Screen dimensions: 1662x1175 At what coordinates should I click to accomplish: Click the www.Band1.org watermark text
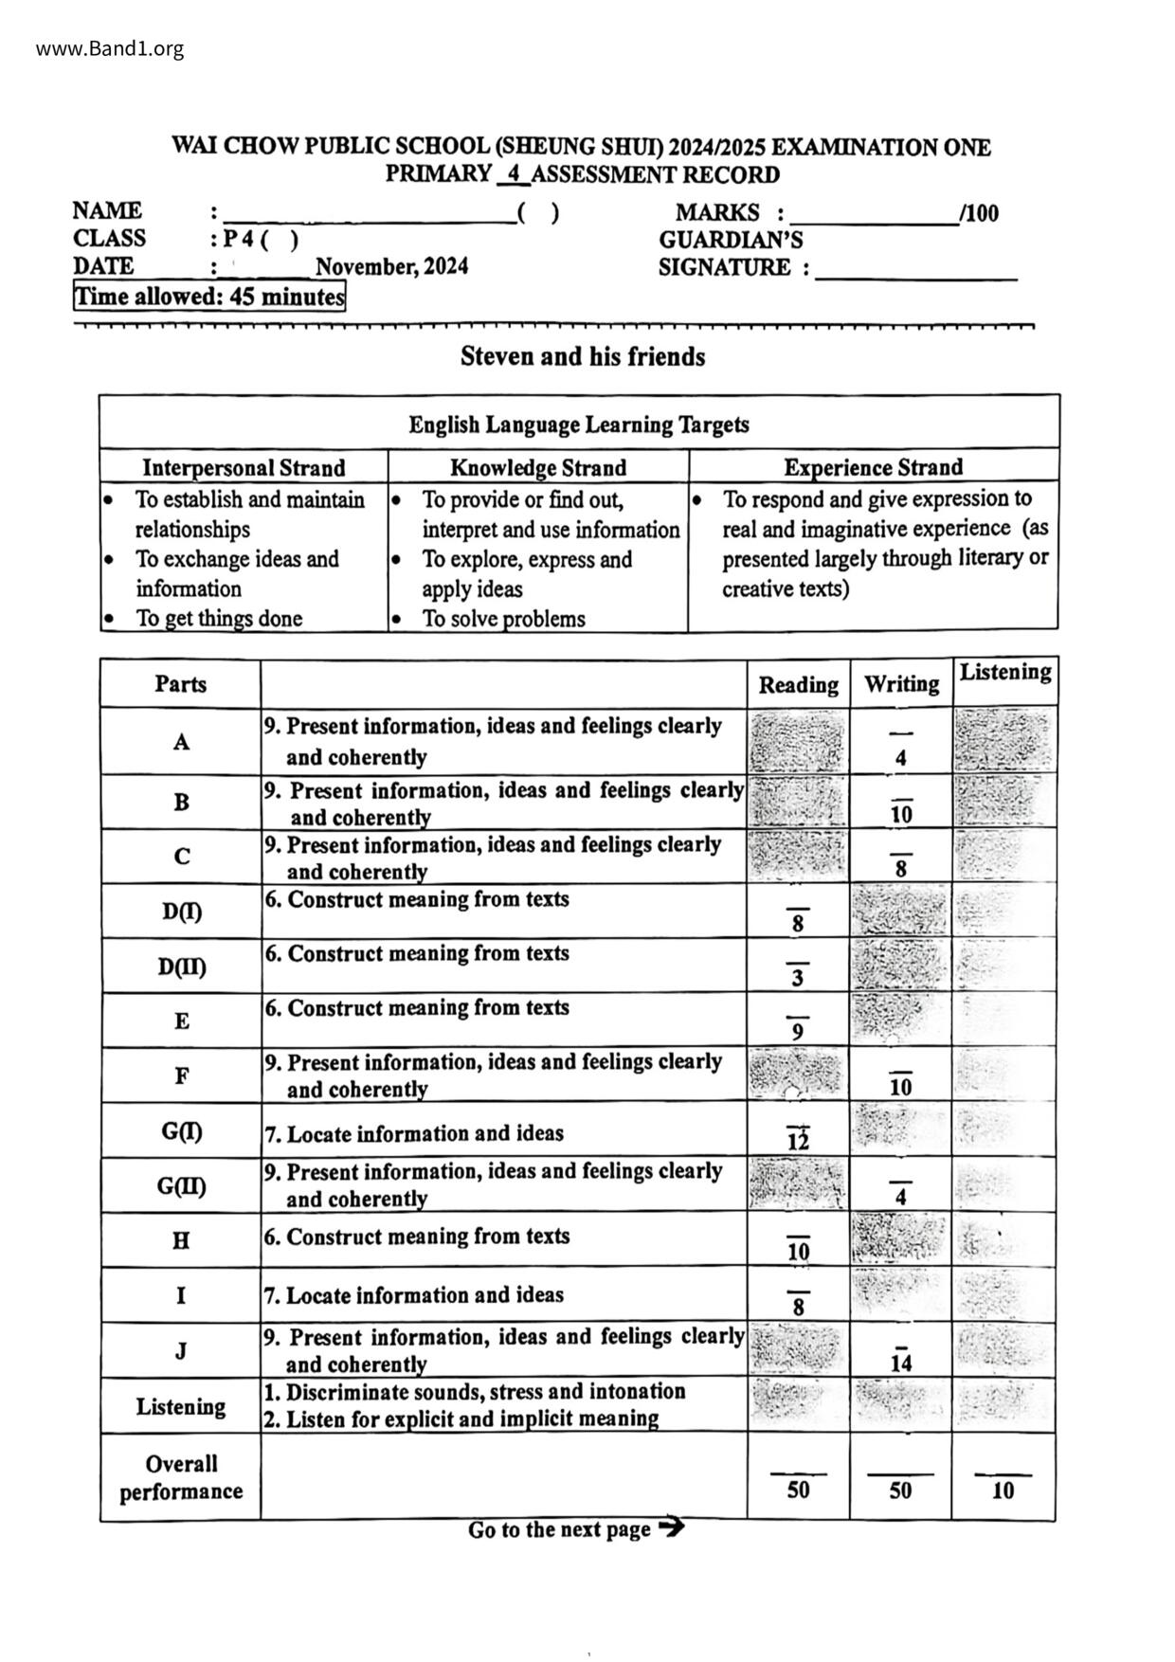(110, 49)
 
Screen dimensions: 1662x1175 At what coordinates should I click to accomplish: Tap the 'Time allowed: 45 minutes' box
(209, 297)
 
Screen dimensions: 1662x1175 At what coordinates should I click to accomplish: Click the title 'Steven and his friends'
(583, 357)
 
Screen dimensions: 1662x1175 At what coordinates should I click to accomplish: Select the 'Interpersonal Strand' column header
(244, 467)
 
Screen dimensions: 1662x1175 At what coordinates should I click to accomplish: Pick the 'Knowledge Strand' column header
(537, 467)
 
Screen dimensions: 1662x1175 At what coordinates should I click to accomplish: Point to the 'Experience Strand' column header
(873, 467)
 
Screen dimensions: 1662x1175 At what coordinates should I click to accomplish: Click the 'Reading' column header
(798, 684)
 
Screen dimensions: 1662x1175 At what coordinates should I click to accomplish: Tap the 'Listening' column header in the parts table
(1004, 673)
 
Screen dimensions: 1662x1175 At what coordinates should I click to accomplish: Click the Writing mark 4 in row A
(900, 757)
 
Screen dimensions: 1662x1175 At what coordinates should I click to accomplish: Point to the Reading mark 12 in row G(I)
(798, 1141)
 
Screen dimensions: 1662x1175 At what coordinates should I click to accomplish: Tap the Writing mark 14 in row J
(900, 1363)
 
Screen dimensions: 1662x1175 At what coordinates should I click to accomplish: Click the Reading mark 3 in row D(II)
(798, 977)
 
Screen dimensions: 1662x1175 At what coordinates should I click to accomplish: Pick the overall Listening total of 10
(1003, 1490)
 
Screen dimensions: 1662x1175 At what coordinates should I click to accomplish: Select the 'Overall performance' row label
(181, 1477)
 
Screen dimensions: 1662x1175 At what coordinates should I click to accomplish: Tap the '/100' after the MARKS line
(980, 213)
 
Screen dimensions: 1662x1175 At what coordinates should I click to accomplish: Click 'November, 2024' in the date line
(391, 267)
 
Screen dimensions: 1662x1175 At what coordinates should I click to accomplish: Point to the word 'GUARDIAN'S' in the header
(731, 240)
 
